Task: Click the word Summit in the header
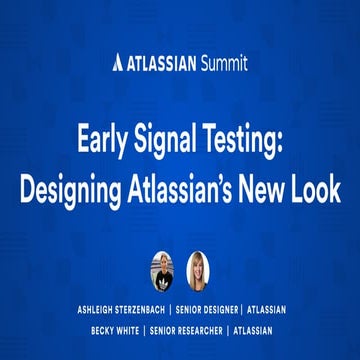click(223, 64)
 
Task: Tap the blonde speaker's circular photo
click(197, 268)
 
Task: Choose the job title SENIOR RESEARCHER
click(203, 329)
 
